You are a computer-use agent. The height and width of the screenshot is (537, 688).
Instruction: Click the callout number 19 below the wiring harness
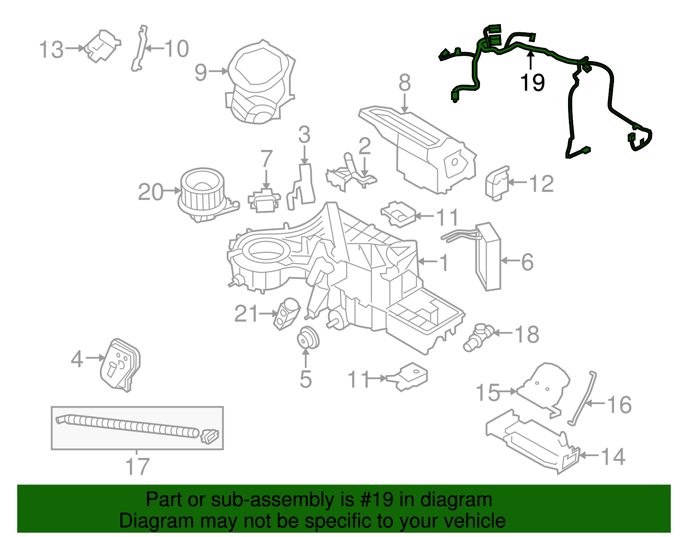click(532, 82)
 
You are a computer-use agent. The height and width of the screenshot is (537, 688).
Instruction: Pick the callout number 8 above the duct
click(405, 83)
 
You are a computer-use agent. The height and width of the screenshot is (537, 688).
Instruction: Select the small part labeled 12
click(497, 183)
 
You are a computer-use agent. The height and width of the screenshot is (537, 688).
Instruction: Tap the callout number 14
click(613, 456)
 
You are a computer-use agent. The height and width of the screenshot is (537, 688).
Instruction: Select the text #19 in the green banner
click(375, 500)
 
